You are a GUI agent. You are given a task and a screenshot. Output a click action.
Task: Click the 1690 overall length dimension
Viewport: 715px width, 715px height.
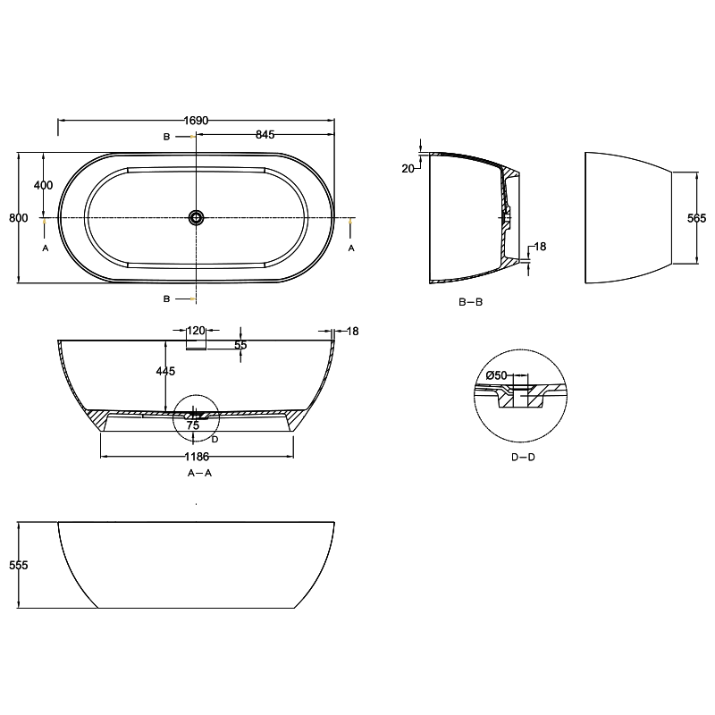point(196,120)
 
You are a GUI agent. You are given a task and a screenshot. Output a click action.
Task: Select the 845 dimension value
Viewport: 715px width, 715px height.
point(265,135)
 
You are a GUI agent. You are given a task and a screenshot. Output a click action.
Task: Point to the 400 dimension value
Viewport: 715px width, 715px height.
point(43,185)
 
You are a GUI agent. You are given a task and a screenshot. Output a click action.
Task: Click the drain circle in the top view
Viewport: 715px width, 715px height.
point(196,217)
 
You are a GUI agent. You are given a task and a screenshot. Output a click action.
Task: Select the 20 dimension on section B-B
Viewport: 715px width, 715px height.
point(408,168)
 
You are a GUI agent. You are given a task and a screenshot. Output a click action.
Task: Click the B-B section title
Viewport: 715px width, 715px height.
point(470,302)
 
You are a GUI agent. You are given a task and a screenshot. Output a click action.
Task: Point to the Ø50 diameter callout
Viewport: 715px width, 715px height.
point(496,376)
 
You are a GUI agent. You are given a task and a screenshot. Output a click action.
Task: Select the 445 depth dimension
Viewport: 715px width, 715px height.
point(165,372)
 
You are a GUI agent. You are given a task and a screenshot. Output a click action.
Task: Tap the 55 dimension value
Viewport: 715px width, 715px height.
point(240,345)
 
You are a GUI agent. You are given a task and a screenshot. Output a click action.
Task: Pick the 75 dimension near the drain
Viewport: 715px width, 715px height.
point(192,426)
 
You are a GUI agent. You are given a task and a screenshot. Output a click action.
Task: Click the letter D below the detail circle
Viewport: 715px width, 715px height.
point(215,439)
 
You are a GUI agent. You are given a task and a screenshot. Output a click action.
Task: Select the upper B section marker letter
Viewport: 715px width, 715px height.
point(166,137)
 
